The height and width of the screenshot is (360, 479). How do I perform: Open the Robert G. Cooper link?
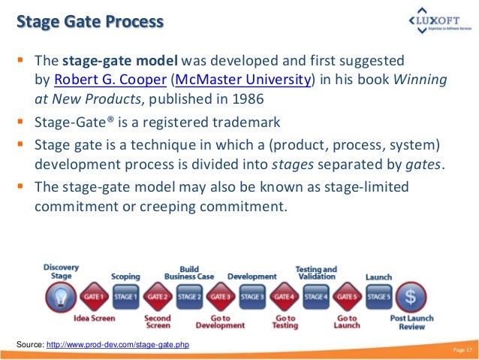click(110, 81)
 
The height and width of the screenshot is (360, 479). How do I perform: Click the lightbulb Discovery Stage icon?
click(59, 296)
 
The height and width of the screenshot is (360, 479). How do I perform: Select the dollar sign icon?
click(411, 297)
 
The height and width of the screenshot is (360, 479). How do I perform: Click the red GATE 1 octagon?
click(95, 297)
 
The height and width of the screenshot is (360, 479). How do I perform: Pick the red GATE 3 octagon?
click(221, 297)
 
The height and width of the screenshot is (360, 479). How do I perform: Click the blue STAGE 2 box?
click(189, 297)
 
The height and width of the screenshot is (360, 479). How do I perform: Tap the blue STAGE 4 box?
click(315, 297)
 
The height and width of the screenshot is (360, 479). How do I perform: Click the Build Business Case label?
click(189, 272)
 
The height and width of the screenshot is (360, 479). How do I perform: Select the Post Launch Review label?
click(411, 324)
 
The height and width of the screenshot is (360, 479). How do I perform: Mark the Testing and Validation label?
click(315, 272)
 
